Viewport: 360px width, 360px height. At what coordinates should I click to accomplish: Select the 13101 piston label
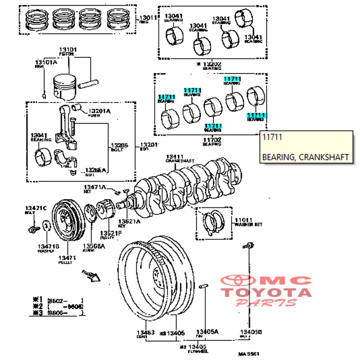click(x=68, y=50)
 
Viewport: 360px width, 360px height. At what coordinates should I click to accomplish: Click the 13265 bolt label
click(x=119, y=145)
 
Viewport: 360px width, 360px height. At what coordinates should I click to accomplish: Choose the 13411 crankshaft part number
click(x=175, y=156)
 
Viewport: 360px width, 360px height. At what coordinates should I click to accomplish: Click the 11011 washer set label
click(x=243, y=220)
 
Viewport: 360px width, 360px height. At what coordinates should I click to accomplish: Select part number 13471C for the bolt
click(x=36, y=208)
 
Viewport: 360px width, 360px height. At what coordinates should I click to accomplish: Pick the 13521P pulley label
click(x=111, y=233)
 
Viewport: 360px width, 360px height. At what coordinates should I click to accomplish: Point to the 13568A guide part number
click(x=94, y=246)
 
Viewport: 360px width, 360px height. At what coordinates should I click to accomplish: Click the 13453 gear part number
click(x=145, y=333)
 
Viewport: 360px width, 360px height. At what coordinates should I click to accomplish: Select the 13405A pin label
click(x=207, y=332)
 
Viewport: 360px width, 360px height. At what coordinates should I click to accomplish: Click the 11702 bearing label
click(x=212, y=140)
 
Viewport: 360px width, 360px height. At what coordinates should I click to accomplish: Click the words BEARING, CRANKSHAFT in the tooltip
click(x=306, y=157)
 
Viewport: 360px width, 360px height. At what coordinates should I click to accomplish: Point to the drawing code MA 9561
click(x=249, y=354)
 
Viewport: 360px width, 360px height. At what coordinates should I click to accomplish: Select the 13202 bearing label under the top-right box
click(x=212, y=64)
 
